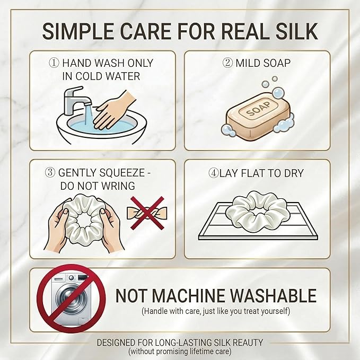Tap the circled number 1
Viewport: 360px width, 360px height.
pyautogui.click(x=54, y=63)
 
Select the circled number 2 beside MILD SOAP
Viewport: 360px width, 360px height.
pyautogui.click(x=227, y=63)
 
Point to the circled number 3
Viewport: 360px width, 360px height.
pyautogui.click(x=50, y=172)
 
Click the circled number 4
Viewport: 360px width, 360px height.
pyautogui.click(x=214, y=173)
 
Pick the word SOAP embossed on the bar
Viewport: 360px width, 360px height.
pyautogui.click(x=258, y=109)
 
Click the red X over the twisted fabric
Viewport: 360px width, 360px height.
pyautogui.click(x=147, y=213)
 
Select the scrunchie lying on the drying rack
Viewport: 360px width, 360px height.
pyautogui.click(x=257, y=209)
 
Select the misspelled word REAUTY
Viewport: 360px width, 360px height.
pyautogui.click(x=248, y=343)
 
